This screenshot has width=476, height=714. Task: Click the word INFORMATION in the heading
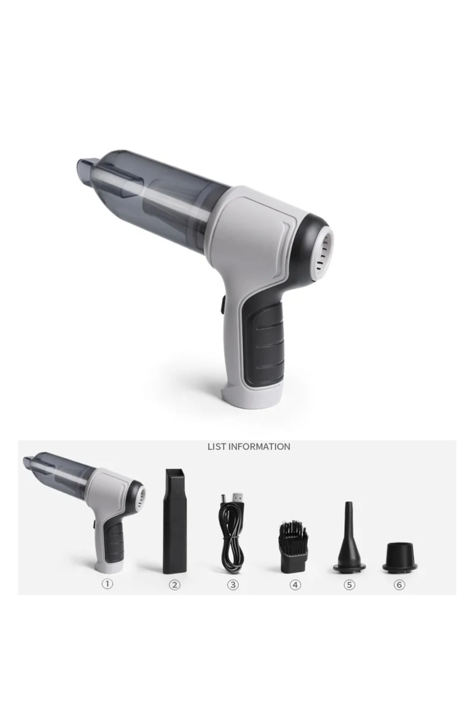point(259,447)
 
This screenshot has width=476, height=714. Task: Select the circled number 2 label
point(175,584)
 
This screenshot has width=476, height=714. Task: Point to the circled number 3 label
point(233,584)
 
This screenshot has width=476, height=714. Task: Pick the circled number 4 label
point(295,584)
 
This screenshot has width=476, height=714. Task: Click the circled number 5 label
point(349,584)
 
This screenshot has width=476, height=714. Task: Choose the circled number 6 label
point(399,584)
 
